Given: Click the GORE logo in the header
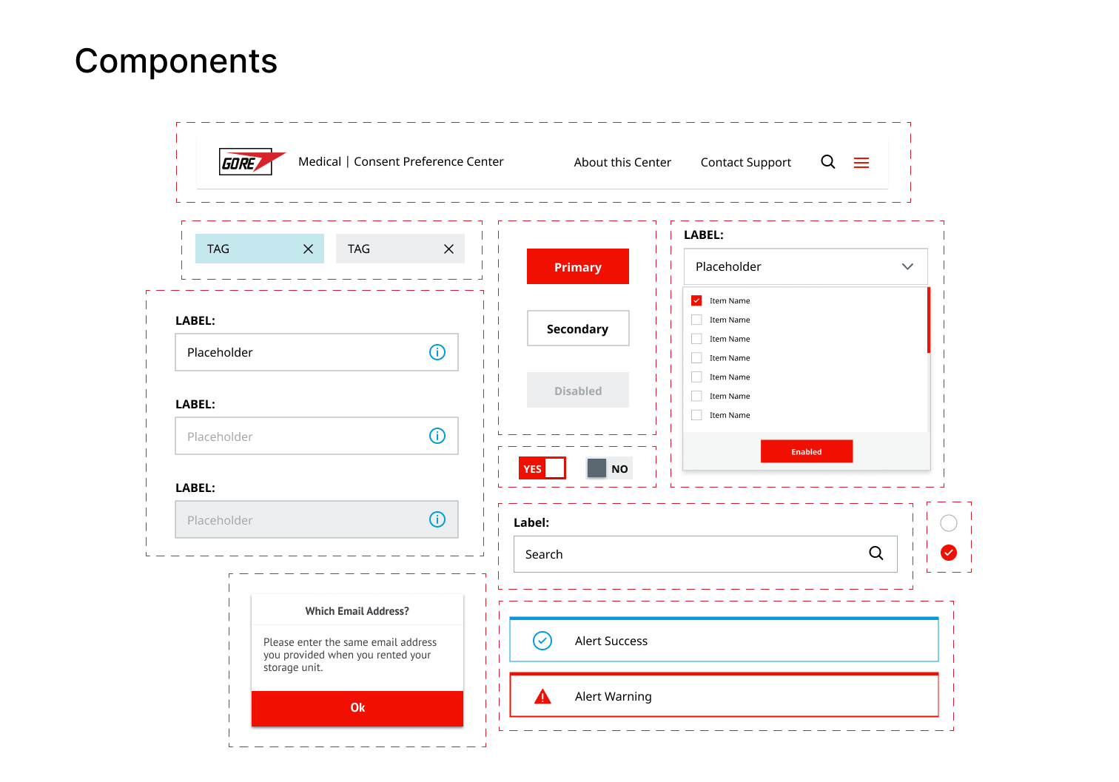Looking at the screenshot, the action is tap(252, 161).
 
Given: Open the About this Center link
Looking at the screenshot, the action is tap(622, 162).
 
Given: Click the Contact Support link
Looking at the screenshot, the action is tap(745, 162).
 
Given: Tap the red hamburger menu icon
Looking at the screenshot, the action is tap(861, 162).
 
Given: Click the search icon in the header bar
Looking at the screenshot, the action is tap(827, 162).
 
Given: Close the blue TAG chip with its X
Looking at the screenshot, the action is tap(308, 249).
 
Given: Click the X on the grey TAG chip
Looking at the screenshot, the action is tap(448, 249).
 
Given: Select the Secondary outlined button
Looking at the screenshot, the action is tap(577, 328).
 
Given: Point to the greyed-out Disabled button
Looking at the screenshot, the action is tap(577, 390).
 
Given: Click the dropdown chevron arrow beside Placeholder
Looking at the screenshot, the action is tap(907, 266).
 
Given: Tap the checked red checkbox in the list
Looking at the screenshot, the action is tap(696, 300).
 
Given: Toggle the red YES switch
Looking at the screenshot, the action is tap(542, 468).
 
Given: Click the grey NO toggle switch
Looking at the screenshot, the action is tap(608, 468).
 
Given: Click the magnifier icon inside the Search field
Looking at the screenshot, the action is tap(876, 553).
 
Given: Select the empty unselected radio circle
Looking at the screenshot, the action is tap(948, 523).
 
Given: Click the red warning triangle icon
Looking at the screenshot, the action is tap(542, 696).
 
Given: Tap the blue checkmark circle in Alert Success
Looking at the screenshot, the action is tap(542, 641).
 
